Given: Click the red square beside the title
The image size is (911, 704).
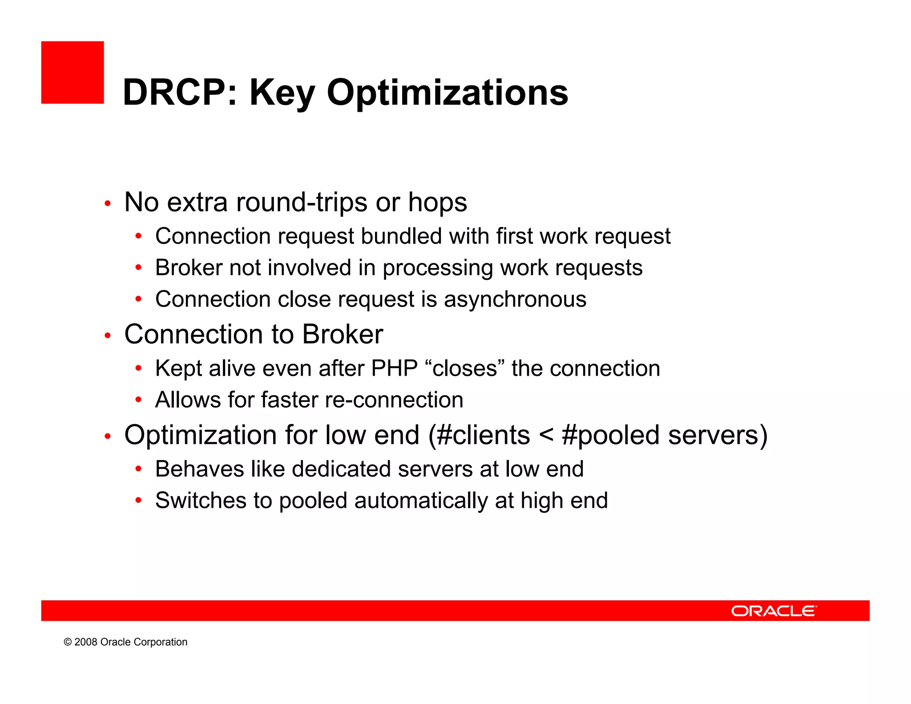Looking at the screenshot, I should tap(73, 73).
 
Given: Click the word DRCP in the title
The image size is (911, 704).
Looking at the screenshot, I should tap(174, 93).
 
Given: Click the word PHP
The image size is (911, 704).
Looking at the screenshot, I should tap(394, 368).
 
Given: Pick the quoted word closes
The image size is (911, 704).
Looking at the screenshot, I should tap(464, 368).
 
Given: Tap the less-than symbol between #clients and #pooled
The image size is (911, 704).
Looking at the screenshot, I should tap(546, 435).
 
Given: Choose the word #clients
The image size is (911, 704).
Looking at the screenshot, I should tap(483, 435).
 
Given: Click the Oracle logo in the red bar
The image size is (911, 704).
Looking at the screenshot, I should tap(774, 611).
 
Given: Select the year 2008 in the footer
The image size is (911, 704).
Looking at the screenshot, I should tap(86, 642).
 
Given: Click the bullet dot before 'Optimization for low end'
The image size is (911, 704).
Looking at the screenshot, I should tap(107, 437).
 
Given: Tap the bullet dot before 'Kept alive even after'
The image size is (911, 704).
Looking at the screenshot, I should tap(138, 368).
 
